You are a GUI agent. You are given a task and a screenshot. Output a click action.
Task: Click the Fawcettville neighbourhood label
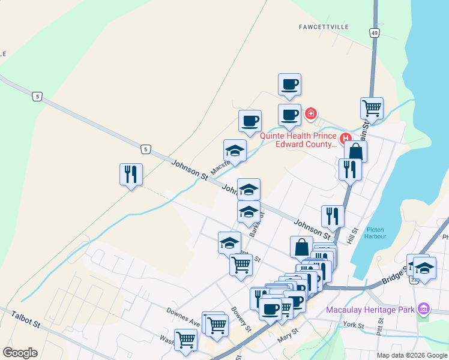pyautogui.click(x=324, y=27)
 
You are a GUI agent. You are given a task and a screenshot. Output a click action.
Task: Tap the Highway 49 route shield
pyautogui.click(x=375, y=33)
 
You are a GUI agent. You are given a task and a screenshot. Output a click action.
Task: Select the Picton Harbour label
pyautogui.click(x=375, y=233)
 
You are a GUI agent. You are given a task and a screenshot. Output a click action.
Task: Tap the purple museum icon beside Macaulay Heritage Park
pyautogui.click(x=424, y=308)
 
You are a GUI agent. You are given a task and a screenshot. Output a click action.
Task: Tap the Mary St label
pyautogui.click(x=288, y=335)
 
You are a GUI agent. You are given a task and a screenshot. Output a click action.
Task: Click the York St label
pyautogui.click(x=354, y=325)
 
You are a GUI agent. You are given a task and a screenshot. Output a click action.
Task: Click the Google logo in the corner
pyautogui.click(x=20, y=353)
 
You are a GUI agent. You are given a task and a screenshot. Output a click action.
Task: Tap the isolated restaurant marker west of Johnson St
pyautogui.click(x=131, y=175)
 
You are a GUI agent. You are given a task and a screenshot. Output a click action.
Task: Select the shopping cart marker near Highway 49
pyautogui.click(x=372, y=109)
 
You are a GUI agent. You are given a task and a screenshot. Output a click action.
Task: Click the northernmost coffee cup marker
pyautogui.click(x=289, y=85)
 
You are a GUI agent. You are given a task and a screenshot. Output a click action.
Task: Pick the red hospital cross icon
pyautogui.click(x=310, y=113)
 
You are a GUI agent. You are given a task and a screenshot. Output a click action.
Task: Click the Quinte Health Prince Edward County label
pyautogui.click(x=298, y=140)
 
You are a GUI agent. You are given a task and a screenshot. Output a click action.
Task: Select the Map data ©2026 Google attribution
pyautogui.click(x=412, y=355)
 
